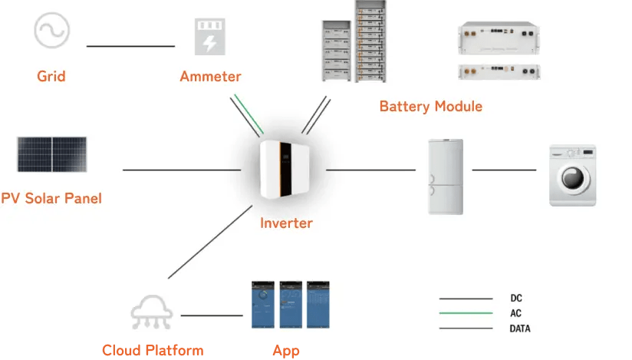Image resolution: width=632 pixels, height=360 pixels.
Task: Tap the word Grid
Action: click(x=51, y=76)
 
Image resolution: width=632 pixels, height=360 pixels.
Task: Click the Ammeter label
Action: click(x=210, y=76)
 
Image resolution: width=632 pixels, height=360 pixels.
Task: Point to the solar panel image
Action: click(x=51, y=154)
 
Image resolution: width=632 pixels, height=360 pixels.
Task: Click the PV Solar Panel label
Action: click(x=51, y=198)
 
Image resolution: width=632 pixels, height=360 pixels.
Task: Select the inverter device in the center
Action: click(x=286, y=172)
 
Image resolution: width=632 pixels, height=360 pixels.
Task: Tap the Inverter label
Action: click(x=286, y=223)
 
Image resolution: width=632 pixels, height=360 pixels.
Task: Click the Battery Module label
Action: click(x=431, y=106)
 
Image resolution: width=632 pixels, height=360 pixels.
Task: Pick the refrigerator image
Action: click(x=445, y=176)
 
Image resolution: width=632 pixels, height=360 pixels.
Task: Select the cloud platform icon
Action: click(x=151, y=313)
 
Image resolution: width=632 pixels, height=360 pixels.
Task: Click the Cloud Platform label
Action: click(x=153, y=351)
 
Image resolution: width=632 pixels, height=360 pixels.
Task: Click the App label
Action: click(x=286, y=351)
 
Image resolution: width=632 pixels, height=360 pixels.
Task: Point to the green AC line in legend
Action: click(x=466, y=313)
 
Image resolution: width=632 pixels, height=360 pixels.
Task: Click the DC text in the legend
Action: click(x=516, y=298)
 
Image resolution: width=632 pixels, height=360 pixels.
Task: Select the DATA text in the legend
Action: click(x=519, y=329)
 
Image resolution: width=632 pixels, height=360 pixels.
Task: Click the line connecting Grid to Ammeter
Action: click(x=130, y=46)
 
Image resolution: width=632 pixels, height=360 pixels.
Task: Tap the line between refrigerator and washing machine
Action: click(x=504, y=170)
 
